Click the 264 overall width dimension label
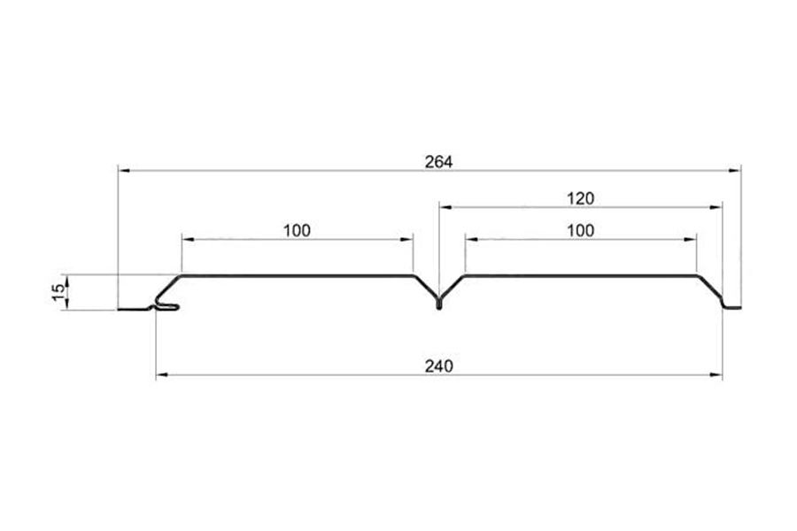point(438,162)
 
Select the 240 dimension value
point(438,366)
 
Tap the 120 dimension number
point(580,198)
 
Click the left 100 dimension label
point(297,230)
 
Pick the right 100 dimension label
point(580,230)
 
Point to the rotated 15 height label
point(59,292)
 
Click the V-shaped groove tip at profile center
point(439,306)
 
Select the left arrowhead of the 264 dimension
point(124,171)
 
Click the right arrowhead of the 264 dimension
point(734,171)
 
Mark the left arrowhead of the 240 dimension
point(162,375)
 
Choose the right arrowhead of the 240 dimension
point(716,375)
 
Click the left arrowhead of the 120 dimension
point(445,207)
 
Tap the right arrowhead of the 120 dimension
point(716,207)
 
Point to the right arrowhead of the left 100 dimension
point(406,239)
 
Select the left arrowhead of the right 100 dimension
point(472,239)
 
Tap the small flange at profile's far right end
point(732,307)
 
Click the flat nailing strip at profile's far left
point(133,309)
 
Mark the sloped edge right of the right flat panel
point(709,287)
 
